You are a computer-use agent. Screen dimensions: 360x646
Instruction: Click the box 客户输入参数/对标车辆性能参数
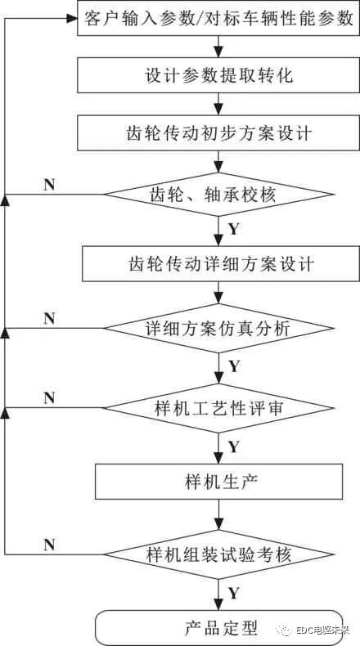tap(218, 19)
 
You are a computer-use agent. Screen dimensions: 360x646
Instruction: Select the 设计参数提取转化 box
tap(218, 75)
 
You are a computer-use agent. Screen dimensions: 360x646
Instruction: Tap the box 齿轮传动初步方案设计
tap(218, 133)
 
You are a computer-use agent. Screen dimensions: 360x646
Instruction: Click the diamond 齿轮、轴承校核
tap(218, 195)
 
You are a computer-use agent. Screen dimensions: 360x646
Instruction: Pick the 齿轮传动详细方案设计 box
tap(218, 264)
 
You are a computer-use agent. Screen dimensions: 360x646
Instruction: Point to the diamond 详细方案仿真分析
tap(218, 329)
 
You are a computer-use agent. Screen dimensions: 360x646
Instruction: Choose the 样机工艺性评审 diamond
tap(218, 408)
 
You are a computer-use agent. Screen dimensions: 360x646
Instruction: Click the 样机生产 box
tap(219, 481)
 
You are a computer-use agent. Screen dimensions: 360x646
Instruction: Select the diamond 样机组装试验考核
tap(218, 554)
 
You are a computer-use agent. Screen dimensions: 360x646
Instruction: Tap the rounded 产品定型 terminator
tap(218, 628)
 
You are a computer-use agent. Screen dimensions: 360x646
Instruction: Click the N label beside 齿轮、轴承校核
tap(49, 185)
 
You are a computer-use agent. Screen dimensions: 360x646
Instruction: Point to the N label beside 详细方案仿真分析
tap(49, 318)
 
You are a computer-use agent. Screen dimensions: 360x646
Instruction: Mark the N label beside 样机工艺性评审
tap(49, 398)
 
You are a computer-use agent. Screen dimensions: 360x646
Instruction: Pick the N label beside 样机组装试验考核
tap(49, 545)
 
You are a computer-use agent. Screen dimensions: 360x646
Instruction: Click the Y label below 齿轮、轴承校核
tap(234, 230)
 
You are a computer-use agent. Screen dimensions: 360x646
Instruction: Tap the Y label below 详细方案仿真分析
tap(234, 366)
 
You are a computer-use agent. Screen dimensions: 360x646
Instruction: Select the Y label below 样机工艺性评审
tap(234, 446)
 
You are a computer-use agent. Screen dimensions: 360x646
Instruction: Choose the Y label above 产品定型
tap(234, 593)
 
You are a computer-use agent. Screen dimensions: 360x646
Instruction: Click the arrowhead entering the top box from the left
tap(72, 19)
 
